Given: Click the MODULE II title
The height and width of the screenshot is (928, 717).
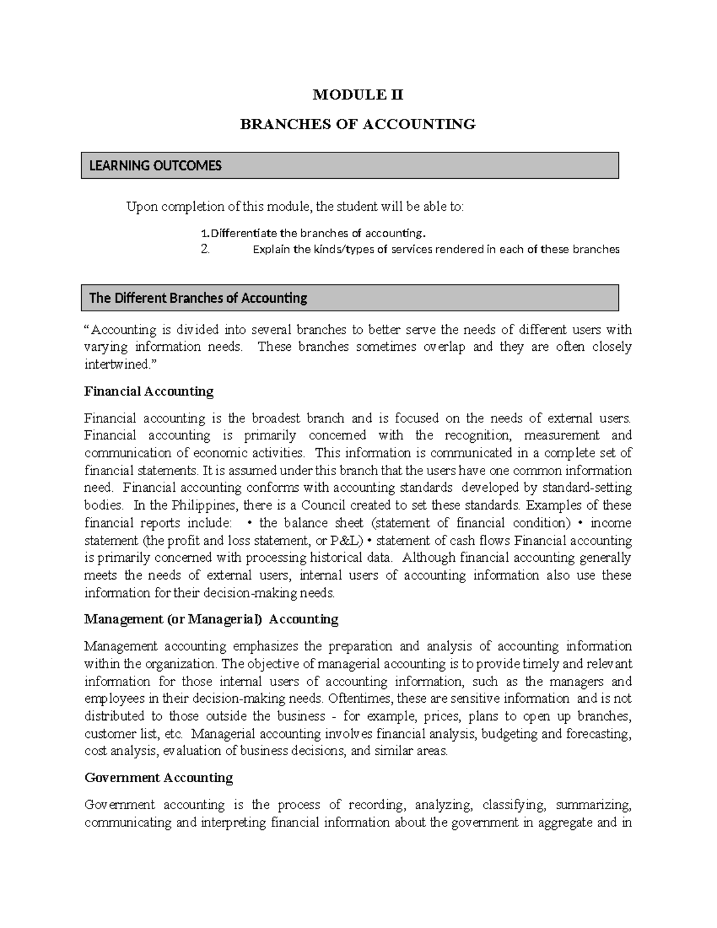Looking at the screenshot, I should pyautogui.click(x=358, y=94).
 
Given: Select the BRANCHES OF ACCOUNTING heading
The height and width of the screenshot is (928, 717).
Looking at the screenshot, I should pyautogui.click(x=357, y=124).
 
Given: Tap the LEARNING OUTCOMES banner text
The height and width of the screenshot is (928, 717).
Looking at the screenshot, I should pyautogui.click(x=155, y=166).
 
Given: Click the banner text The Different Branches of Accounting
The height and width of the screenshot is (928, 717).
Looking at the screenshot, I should pyautogui.click(x=198, y=298).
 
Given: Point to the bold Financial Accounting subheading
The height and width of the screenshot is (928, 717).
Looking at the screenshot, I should pyautogui.click(x=149, y=391).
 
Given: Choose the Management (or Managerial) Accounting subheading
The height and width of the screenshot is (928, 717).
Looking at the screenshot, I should pyautogui.click(x=211, y=619).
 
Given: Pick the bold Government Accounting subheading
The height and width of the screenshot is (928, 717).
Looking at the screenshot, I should pyautogui.click(x=158, y=777).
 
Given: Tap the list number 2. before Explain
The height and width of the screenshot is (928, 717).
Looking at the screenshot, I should pyautogui.click(x=205, y=250).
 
